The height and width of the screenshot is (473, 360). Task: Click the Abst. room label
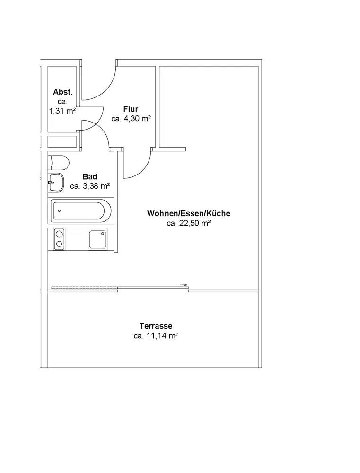[62, 92]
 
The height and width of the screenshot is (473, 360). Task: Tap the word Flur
[131, 109]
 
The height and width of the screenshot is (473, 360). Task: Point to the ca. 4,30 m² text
[131, 119]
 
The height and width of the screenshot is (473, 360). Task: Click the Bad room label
[90, 177]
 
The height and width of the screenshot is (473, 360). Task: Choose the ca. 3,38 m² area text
[90, 186]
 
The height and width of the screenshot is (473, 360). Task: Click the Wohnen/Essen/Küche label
[189, 213]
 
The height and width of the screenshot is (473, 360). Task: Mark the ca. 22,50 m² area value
[189, 223]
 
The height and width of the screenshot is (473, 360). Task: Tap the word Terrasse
[156, 326]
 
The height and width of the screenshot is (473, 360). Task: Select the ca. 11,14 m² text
[156, 336]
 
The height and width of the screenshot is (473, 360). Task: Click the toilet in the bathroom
[59, 163]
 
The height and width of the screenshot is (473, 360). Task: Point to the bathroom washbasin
[56, 182]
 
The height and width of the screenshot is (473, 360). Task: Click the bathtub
[82, 210]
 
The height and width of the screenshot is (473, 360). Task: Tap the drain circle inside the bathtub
[59, 210]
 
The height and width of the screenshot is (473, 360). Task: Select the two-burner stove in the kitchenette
[60, 239]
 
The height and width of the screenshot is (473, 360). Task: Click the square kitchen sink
[98, 239]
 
